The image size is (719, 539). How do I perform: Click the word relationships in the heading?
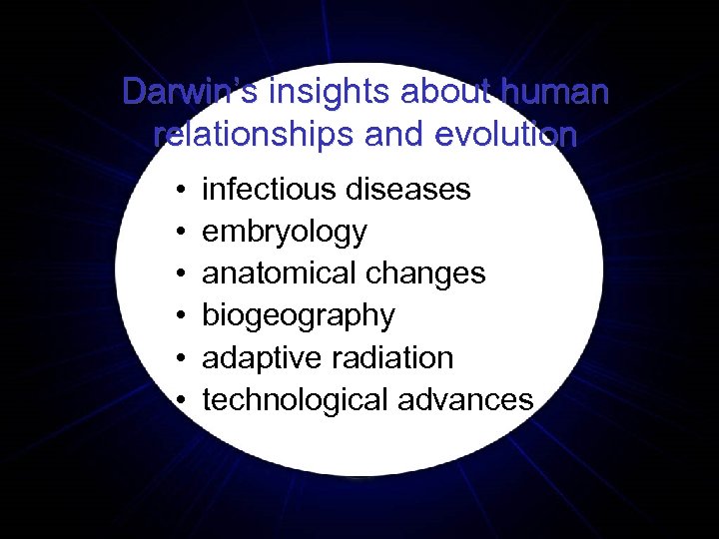coord(243,135)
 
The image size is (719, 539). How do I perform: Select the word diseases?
coord(410,189)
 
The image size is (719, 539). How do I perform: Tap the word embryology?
coord(285,232)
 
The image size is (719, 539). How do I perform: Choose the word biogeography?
coord(299,315)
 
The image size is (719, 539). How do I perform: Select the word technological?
coord(296,400)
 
